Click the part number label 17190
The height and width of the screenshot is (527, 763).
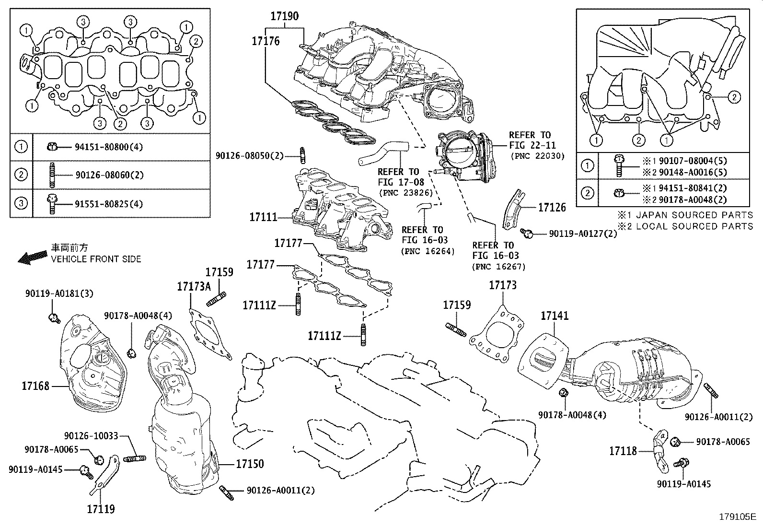click(x=284, y=16)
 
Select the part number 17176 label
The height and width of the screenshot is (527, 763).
click(x=266, y=41)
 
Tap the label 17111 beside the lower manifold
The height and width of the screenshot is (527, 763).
click(x=263, y=217)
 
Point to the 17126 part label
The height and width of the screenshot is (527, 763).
click(x=552, y=208)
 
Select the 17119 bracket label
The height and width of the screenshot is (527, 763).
click(x=101, y=509)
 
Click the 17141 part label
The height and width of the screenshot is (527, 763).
click(x=555, y=316)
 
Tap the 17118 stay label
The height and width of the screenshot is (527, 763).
click(x=623, y=451)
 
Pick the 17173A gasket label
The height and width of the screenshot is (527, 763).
click(x=194, y=286)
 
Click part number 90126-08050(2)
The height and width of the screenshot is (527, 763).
click(x=250, y=155)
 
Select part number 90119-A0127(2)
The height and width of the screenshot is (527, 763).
click(x=583, y=234)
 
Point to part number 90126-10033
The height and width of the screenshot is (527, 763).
click(x=91, y=436)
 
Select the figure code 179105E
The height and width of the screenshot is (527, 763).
click(x=737, y=517)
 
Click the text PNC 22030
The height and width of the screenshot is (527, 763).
click(x=537, y=156)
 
